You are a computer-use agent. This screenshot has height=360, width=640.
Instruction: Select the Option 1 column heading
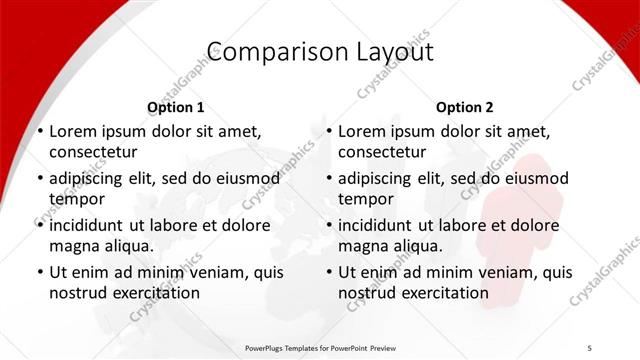coord(175,107)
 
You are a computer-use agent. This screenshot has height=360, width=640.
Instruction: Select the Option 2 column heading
coord(464,107)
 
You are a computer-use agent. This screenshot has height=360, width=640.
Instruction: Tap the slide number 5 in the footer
coord(590,347)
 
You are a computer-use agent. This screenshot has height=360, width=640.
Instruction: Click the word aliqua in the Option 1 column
coord(126,246)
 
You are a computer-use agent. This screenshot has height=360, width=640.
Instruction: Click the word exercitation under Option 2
coord(443,293)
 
